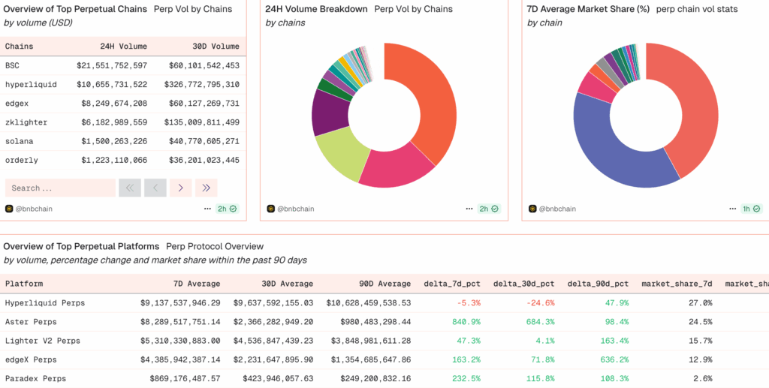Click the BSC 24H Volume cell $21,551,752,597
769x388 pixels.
(111, 65)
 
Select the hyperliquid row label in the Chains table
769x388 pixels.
(31, 84)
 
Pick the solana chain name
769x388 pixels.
(20, 141)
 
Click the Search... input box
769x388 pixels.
(60, 188)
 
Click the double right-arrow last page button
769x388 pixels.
(206, 188)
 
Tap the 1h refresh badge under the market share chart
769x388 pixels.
(751, 209)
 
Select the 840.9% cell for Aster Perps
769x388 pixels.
(465, 322)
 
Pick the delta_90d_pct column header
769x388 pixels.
(598, 284)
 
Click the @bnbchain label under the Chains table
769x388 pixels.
(34, 209)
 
